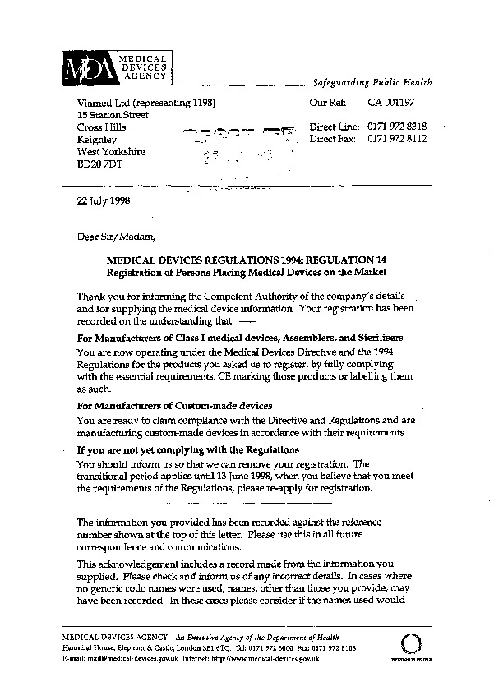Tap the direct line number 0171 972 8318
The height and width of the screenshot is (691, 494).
[x=397, y=127]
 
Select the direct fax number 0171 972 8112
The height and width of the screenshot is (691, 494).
[x=397, y=140]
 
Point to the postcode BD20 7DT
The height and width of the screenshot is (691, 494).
[x=99, y=164]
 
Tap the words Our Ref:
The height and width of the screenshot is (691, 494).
[x=326, y=104]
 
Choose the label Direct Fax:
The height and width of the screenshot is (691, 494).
[x=333, y=140]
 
